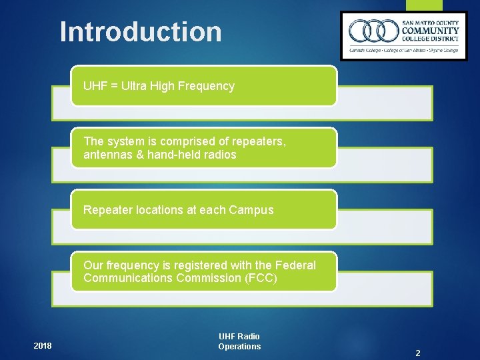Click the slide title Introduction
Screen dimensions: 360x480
tap(141, 31)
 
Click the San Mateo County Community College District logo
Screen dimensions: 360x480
tap(404, 36)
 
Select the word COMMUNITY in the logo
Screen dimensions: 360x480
tap(430, 30)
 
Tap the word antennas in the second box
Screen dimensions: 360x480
tap(106, 155)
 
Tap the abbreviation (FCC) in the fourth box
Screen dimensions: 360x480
tap(261, 278)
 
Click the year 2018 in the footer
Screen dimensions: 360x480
tap(43, 346)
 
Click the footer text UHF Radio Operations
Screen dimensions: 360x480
tap(239, 341)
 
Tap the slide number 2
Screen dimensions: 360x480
tap(417, 353)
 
